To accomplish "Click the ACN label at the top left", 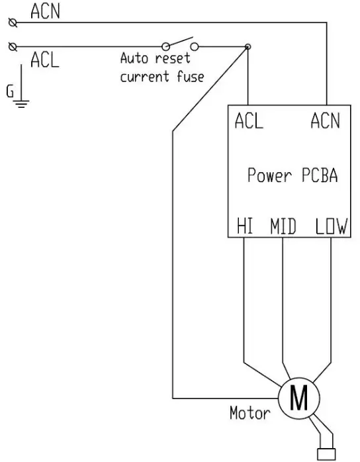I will click(x=46, y=11).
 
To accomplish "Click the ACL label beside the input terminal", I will click(x=45, y=61).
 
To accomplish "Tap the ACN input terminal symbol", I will click(x=11, y=23).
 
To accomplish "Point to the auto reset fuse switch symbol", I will click(x=180, y=45).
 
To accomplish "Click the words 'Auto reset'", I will click(x=154, y=58).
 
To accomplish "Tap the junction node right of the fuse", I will click(x=247, y=47).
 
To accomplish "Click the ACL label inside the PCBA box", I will click(x=249, y=122).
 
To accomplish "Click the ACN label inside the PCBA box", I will click(x=325, y=122).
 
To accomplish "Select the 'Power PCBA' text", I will click(x=292, y=176).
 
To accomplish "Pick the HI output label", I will click(x=245, y=228).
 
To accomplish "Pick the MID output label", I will click(x=283, y=228).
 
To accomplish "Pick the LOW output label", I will click(x=330, y=228).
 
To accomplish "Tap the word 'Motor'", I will click(x=249, y=414).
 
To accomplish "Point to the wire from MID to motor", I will click(x=283, y=304).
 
